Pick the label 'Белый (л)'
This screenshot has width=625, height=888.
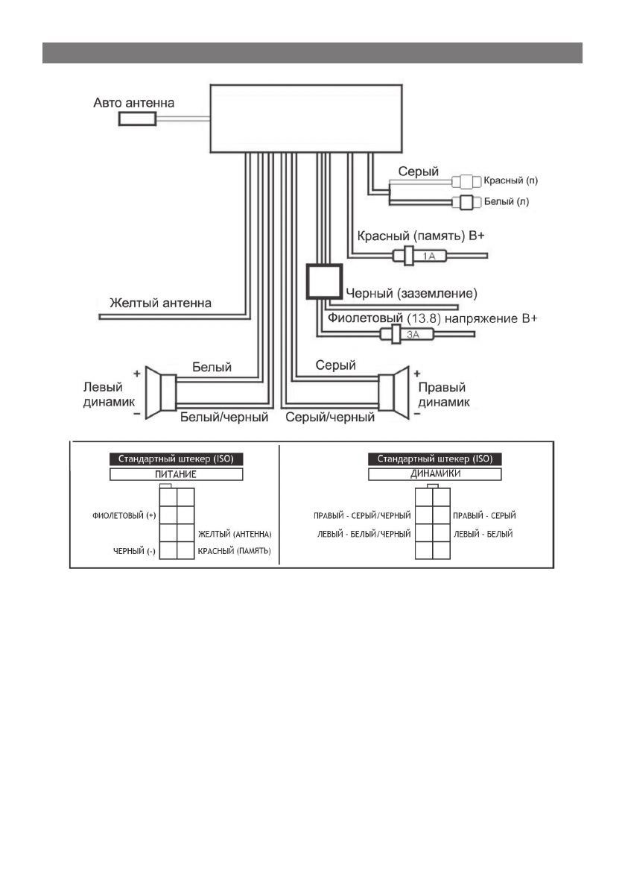(506, 201)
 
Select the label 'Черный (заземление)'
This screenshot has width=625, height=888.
(412, 292)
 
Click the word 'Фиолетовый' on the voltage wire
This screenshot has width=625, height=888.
(366, 319)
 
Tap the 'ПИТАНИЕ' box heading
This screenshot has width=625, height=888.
(176, 473)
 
